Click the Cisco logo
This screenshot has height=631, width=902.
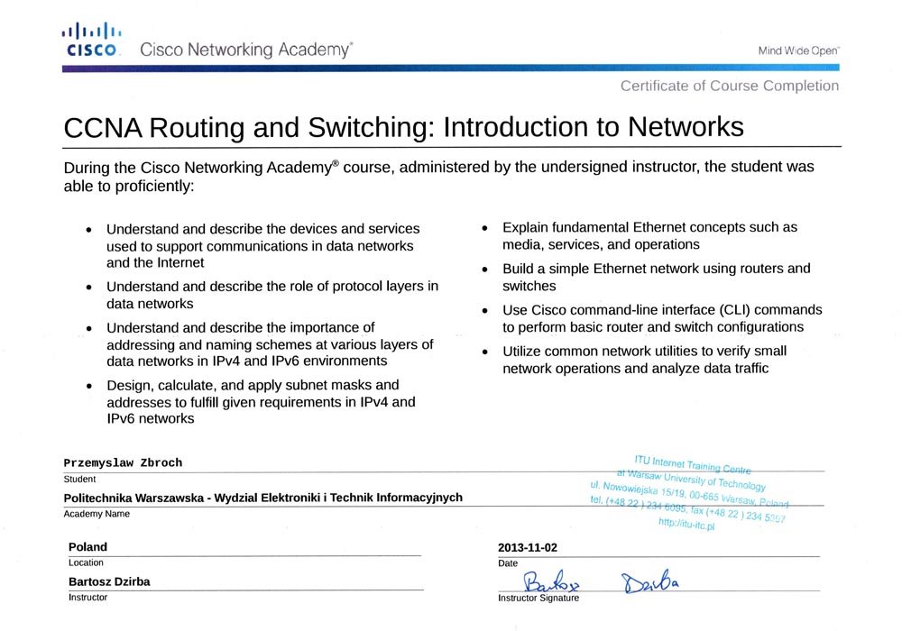[92, 41]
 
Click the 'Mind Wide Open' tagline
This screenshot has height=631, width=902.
[798, 51]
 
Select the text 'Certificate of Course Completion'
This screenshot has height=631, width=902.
[729, 86]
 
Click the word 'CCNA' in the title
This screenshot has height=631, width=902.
[101, 127]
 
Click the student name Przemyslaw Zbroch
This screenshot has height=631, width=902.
[123, 462]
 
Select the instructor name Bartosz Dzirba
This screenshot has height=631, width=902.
[109, 581]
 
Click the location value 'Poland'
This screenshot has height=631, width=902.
[87, 547]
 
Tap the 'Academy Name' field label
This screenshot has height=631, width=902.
[97, 514]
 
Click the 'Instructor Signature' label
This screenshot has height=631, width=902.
[538, 598]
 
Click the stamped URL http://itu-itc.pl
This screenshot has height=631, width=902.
[686, 525]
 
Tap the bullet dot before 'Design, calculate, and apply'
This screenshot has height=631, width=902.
[87, 386]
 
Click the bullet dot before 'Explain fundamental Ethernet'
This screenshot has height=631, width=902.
[484, 229]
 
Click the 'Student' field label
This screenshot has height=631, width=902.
[79, 480]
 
